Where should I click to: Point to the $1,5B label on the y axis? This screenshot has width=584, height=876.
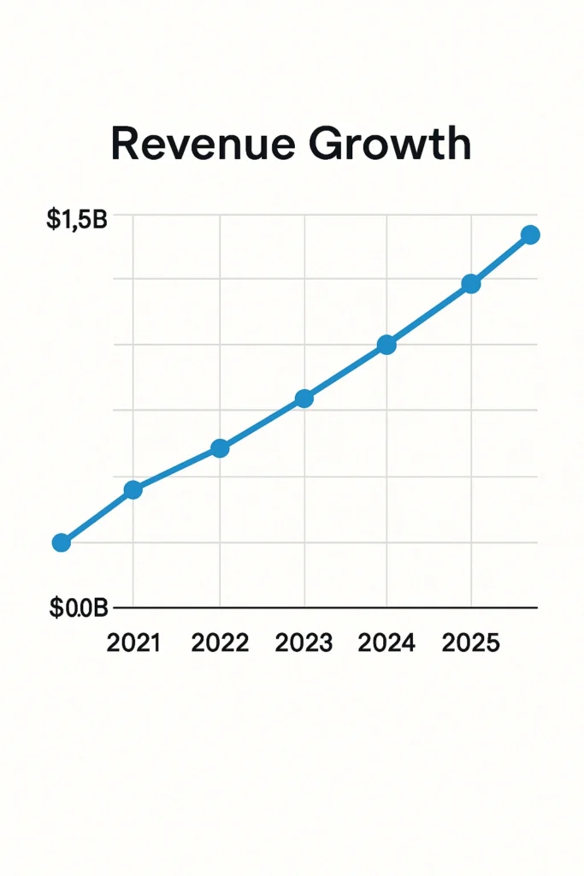[77, 220]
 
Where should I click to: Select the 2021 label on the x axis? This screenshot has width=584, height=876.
[133, 643]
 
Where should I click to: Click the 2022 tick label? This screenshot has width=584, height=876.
[220, 643]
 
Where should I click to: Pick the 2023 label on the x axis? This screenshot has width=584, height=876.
[304, 643]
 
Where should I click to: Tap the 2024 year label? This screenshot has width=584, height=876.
[386, 643]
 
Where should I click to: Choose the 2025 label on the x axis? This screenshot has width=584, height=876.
[470, 643]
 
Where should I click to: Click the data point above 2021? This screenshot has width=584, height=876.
[133, 489]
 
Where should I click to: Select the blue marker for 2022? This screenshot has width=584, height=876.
[220, 448]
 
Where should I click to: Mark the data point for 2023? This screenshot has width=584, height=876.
[304, 399]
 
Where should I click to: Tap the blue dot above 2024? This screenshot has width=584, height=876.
[386, 345]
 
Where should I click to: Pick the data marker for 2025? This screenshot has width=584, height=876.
[470, 284]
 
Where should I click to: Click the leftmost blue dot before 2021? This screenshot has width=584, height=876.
[62, 542]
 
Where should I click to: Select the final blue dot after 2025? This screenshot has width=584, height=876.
[530, 234]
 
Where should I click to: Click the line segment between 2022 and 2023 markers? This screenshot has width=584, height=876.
[262, 423]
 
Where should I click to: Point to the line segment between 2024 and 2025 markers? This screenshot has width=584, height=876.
[428, 315]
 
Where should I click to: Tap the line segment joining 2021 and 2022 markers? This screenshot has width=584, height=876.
[176, 469]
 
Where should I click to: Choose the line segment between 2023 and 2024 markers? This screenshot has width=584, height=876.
[345, 372]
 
